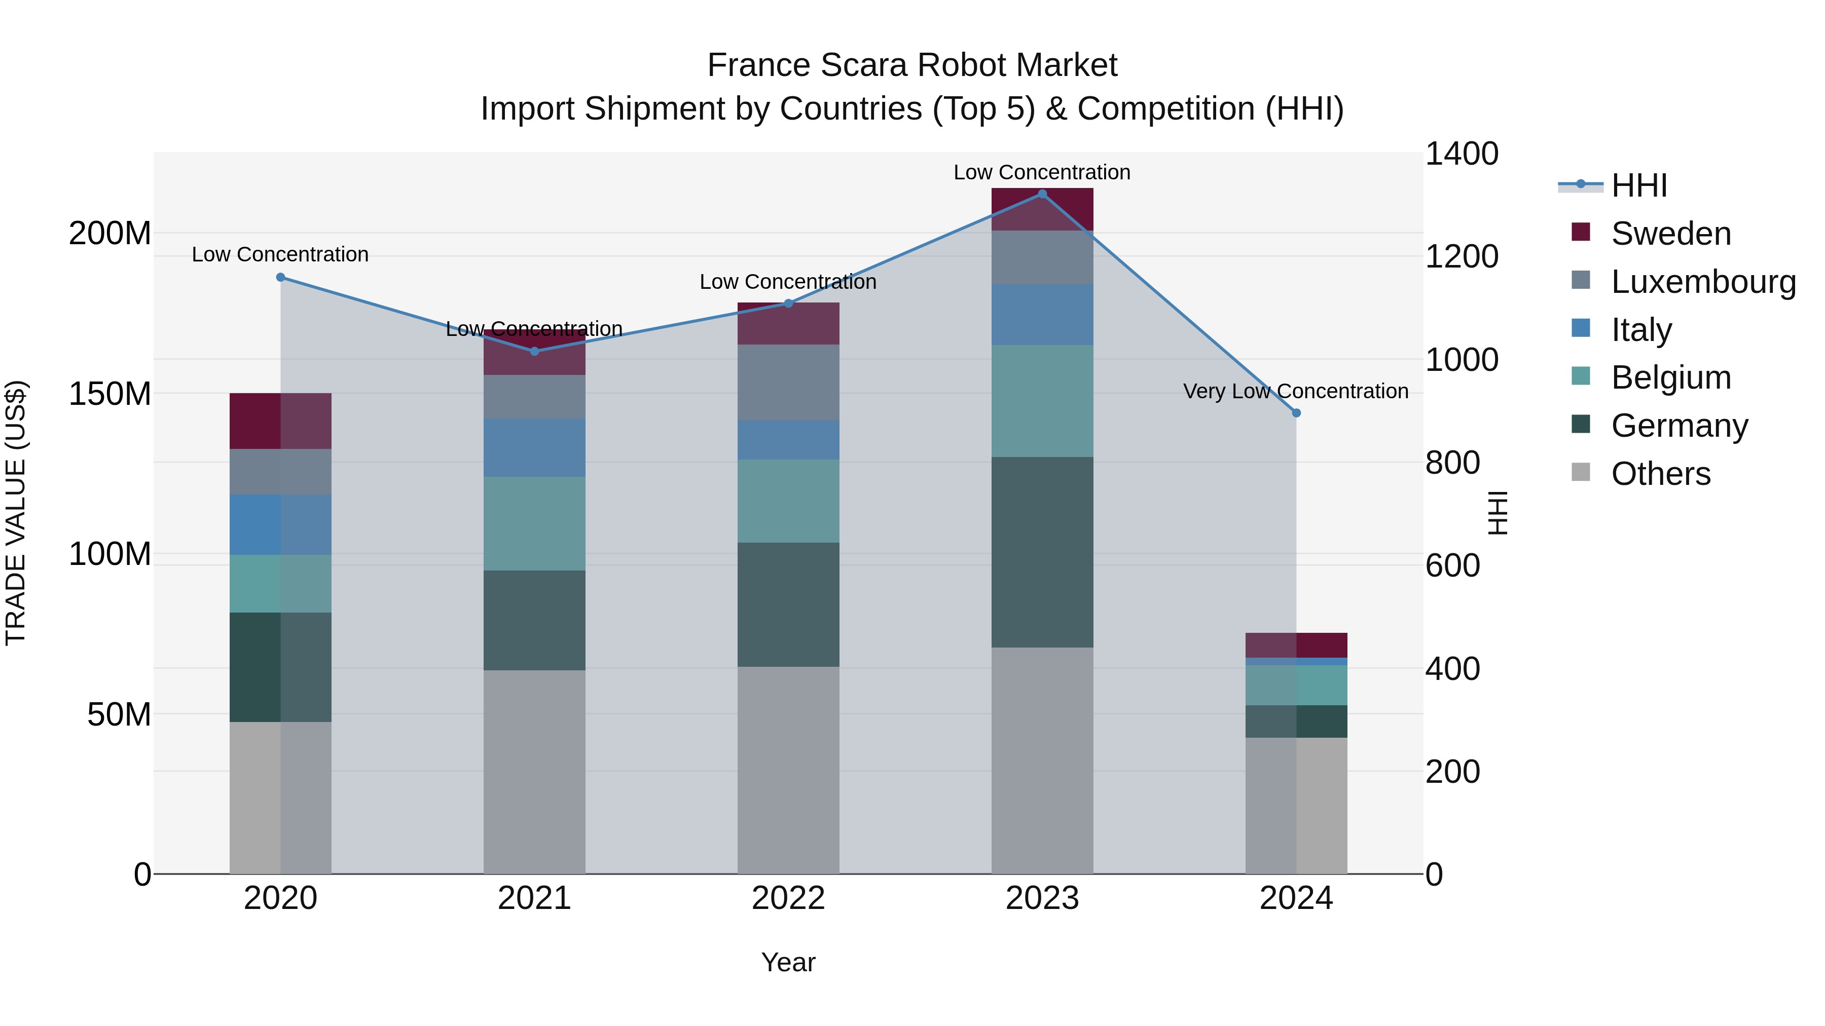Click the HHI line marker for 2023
click(1041, 194)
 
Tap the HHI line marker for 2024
click(1296, 413)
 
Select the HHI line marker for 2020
click(280, 278)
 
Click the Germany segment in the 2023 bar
click(1041, 552)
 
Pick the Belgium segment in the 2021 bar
click(534, 523)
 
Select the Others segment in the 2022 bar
click(788, 770)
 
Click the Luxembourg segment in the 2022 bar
click(788, 383)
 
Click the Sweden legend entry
click(1670, 234)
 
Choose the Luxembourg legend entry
click(1702, 282)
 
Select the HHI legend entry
click(1638, 185)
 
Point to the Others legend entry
click(1660, 474)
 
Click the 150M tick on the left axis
click(110, 394)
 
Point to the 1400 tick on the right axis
click(1461, 154)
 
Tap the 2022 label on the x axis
click(788, 898)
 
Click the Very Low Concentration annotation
click(1295, 391)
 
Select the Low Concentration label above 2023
click(1041, 172)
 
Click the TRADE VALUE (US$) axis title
click(16, 513)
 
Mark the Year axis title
click(788, 962)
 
